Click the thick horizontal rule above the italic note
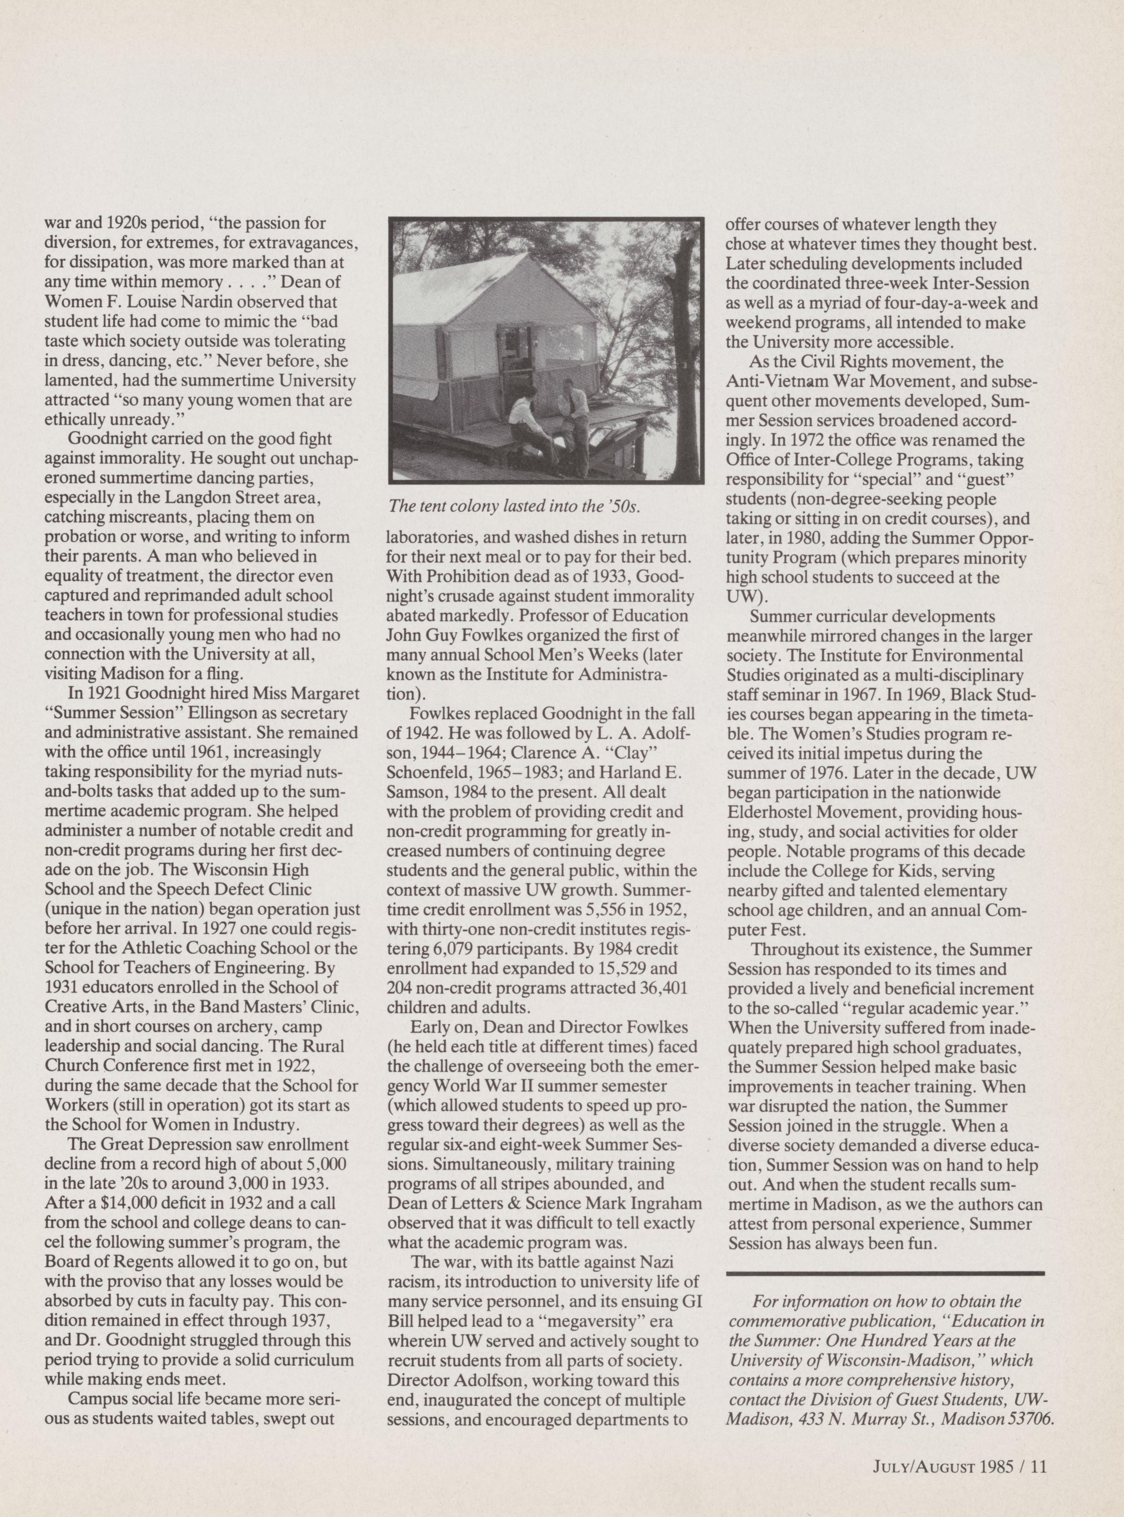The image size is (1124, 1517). (x=885, y=1273)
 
